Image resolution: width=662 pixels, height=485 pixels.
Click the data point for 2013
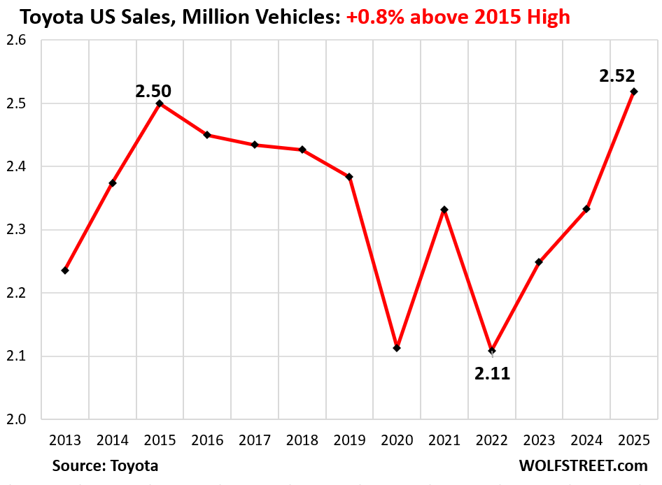tap(65, 270)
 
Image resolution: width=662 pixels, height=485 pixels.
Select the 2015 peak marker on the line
tap(160, 103)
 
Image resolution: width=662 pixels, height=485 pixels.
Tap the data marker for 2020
tap(397, 348)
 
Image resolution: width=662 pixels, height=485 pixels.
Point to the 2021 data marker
tap(444, 210)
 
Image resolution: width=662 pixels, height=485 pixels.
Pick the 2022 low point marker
tap(492, 350)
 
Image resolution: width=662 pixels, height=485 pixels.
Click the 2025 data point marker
tap(634, 92)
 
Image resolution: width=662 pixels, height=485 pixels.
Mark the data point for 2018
tap(302, 150)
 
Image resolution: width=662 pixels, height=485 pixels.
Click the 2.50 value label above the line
tap(154, 90)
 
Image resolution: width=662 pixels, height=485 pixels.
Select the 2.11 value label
tap(493, 374)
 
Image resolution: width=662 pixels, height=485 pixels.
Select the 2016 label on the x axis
tap(207, 441)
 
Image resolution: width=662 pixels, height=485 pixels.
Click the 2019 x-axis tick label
tap(349, 441)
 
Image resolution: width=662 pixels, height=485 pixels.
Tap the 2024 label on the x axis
tap(586, 441)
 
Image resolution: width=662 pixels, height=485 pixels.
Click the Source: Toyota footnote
tap(105, 465)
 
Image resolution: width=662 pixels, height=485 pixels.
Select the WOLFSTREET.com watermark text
tap(583, 465)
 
